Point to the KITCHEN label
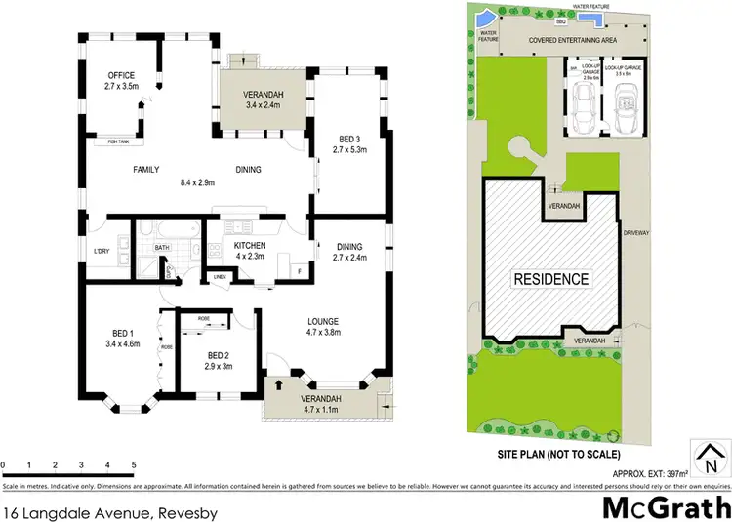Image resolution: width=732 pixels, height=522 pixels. [x=251, y=246]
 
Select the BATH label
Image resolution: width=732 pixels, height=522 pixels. [x=161, y=248]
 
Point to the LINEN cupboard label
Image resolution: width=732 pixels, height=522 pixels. [x=219, y=278]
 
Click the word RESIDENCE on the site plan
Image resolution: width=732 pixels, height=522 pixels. [x=551, y=279]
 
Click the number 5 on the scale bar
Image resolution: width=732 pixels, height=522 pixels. [x=133, y=464]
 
